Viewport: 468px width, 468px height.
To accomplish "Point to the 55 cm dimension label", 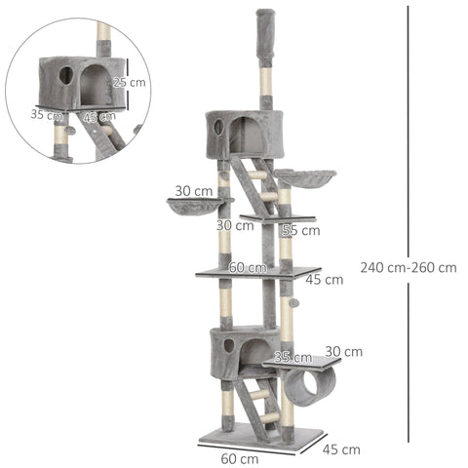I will coord(300,231).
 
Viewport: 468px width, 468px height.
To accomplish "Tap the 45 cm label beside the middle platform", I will coord(324,280).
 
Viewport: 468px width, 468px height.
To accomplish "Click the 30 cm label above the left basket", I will coord(194,191).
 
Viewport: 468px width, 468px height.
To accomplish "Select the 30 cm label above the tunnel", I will coord(343,351).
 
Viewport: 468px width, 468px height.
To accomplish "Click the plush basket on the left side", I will coord(193,207).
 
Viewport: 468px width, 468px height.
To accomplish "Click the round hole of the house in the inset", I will coord(64,74).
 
